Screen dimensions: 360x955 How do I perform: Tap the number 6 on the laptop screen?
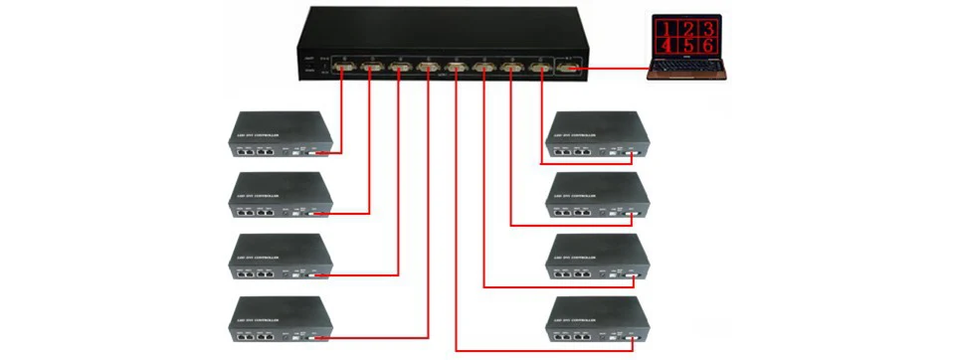707,47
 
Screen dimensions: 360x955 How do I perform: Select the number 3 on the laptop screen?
707,28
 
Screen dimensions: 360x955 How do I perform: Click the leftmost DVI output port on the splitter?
345,69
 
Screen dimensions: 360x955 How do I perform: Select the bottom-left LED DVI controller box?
280,319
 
